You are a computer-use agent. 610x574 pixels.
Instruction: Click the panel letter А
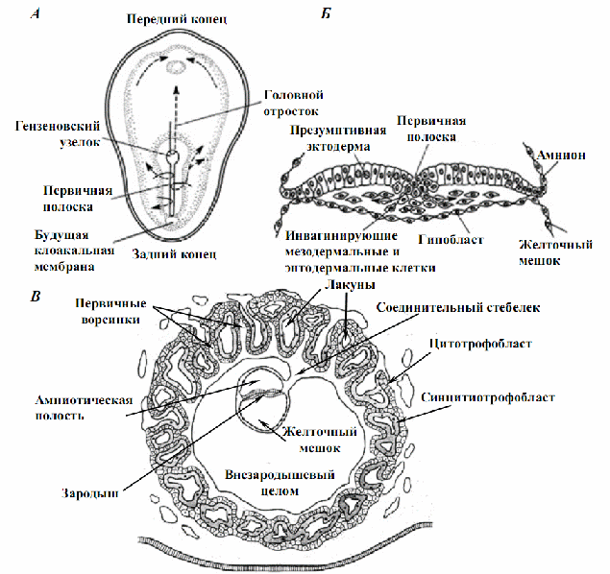(x=36, y=14)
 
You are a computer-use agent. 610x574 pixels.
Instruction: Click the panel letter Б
(x=326, y=14)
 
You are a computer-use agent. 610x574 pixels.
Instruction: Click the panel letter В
(x=36, y=297)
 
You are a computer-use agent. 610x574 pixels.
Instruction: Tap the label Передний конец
(x=177, y=18)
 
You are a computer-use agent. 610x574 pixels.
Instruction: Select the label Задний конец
(x=174, y=253)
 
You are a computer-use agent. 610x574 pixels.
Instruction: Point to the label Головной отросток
(x=293, y=103)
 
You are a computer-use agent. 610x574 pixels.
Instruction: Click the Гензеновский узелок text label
(x=58, y=134)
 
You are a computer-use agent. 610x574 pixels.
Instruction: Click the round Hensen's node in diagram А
(x=172, y=156)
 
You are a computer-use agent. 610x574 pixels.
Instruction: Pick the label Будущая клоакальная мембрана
(x=74, y=251)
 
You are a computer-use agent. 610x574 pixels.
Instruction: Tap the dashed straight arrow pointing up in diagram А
(x=176, y=104)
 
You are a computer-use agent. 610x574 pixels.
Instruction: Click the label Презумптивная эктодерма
(x=338, y=138)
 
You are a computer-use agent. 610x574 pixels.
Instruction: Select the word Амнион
(x=561, y=155)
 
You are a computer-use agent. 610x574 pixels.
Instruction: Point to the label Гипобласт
(x=451, y=239)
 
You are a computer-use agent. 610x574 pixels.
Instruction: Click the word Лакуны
(x=350, y=285)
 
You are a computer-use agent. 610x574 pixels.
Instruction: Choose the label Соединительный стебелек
(x=458, y=308)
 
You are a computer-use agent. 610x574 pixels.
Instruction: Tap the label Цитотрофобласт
(x=480, y=344)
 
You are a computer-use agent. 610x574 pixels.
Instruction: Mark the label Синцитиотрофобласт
(x=488, y=397)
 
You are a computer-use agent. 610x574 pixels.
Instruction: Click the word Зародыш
(x=90, y=493)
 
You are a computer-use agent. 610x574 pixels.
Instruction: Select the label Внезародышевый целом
(x=280, y=483)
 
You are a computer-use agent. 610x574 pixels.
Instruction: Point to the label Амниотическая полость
(x=84, y=408)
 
